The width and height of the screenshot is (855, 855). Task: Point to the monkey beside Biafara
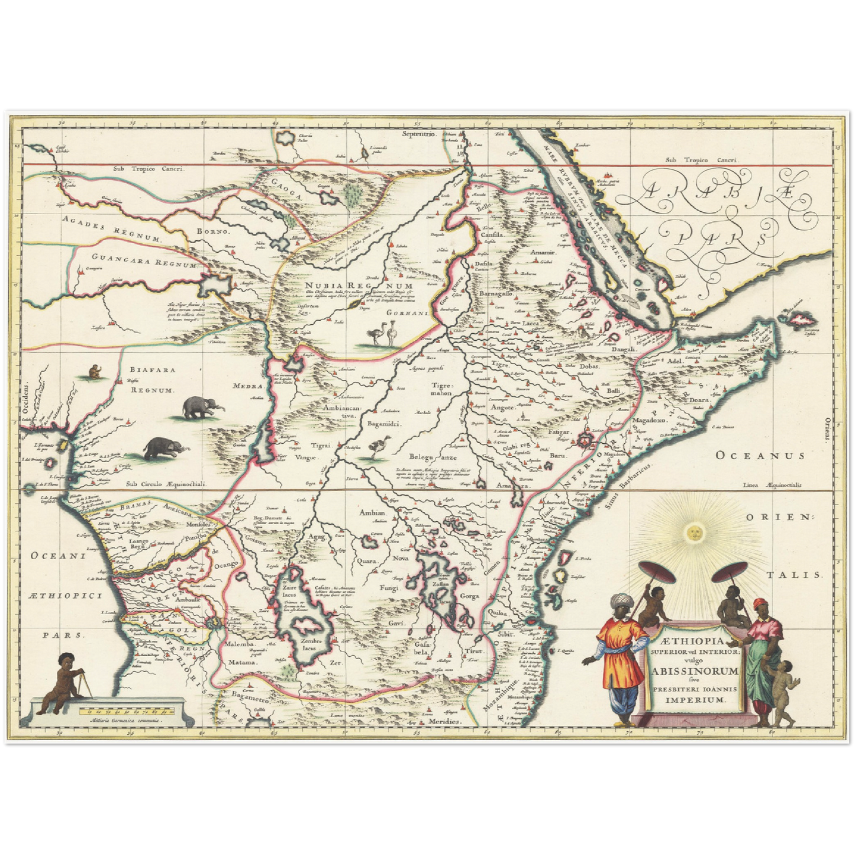coord(94,372)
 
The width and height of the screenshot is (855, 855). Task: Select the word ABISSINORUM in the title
coord(695,671)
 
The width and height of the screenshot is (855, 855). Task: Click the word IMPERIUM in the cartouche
coord(695,699)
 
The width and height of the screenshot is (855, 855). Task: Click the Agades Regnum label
coord(111,230)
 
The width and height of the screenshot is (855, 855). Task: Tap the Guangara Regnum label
coord(144,260)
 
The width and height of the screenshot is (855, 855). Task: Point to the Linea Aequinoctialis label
coord(773,485)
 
